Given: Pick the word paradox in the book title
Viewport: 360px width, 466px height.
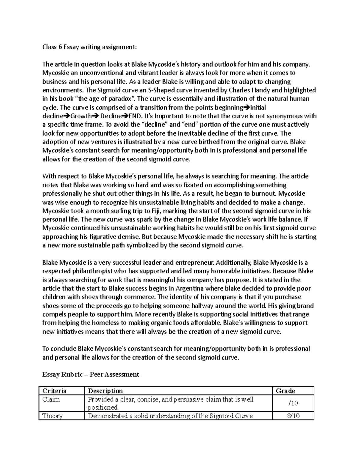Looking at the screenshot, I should tap(121, 99).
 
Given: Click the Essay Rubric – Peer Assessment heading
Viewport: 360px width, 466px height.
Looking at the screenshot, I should tap(91, 374).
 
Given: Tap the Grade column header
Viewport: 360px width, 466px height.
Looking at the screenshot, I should tap(285, 391).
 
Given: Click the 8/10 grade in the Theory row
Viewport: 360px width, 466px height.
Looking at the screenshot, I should tap(293, 416).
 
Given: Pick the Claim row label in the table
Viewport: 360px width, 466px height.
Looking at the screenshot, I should tap(51, 399).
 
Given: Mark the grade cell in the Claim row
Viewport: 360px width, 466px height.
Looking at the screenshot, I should tap(293, 403).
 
